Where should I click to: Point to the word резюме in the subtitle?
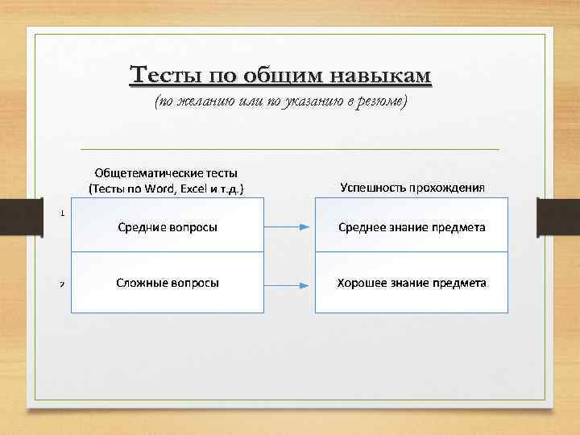pos(382,101)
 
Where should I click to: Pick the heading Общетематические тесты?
pos(167,172)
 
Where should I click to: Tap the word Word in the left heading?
pos(159,188)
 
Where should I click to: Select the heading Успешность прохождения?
pos(412,188)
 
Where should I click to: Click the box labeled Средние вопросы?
pos(168,227)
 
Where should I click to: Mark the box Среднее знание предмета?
pos(411,227)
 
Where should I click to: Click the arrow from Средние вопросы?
pos(288,227)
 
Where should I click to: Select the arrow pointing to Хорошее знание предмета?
pos(288,284)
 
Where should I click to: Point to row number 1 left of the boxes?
pos(63,213)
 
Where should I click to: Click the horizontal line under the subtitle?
pos(290,150)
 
